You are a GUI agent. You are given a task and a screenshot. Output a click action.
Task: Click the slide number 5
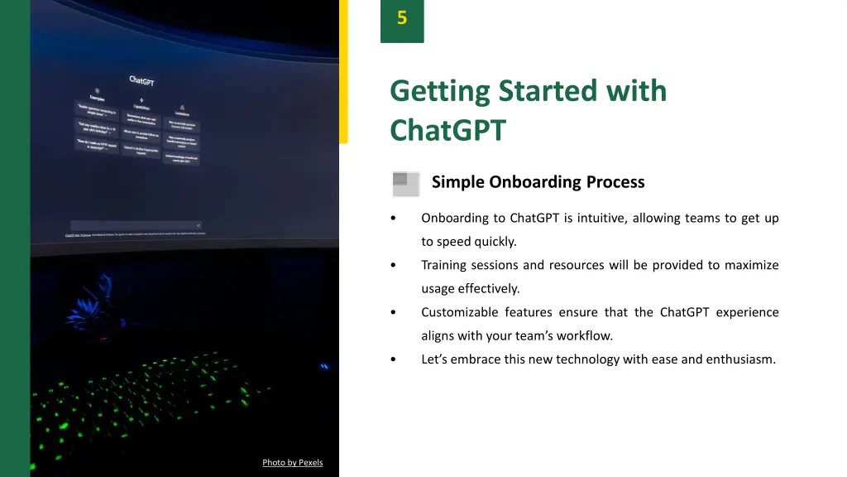402,18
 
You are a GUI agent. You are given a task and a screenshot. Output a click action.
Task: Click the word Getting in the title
439,90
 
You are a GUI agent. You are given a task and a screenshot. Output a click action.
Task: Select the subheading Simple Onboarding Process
538,182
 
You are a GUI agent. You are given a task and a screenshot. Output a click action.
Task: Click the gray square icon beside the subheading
405,183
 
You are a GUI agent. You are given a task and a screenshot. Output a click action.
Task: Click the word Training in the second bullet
445,266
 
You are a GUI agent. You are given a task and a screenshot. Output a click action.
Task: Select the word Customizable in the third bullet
459,313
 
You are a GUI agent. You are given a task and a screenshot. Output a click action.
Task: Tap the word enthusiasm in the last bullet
740,359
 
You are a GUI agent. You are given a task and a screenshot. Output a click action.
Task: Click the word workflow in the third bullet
583,336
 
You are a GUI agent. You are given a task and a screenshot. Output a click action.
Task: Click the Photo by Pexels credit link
292,463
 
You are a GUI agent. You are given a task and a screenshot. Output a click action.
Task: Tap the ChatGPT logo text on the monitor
141,80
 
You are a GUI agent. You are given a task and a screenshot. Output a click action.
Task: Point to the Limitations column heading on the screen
181,113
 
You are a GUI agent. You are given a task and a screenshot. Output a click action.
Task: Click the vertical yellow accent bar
343,71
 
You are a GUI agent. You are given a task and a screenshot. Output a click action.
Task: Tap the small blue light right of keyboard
324,364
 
